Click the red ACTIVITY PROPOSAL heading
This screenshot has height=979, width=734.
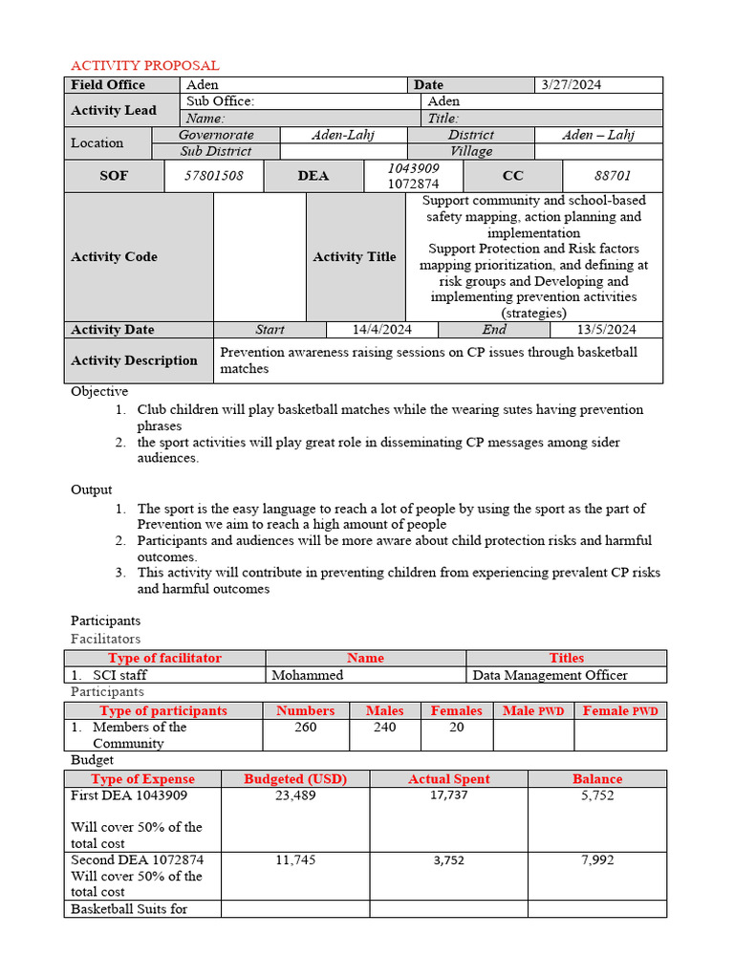(x=145, y=65)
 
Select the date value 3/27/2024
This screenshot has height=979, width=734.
(x=572, y=85)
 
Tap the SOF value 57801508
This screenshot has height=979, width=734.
(x=214, y=176)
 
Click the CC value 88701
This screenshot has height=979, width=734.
(x=613, y=176)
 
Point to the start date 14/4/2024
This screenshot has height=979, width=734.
(x=382, y=330)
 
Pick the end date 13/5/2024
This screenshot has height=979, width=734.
(x=606, y=330)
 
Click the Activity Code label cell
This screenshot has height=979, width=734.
(x=115, y=256)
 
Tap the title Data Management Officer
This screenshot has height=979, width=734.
(x=550, y=675)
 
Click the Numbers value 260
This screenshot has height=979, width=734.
(x=306, y=728)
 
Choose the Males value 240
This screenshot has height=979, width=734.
(x=384, y=728)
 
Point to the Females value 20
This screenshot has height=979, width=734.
(x=457, y=728)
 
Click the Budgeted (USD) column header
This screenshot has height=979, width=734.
(x=295, y=779)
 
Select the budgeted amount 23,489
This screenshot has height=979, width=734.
(x=295, y=795)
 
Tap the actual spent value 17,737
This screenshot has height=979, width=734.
(x=448, y=795)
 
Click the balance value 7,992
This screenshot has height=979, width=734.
(x=597, y=860)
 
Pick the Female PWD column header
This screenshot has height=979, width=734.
(x=620, y=711)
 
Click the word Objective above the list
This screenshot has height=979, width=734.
(x=99, y=392)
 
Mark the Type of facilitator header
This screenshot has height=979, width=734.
(x=164, y=659)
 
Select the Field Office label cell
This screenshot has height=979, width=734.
(x=108, y=85)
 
